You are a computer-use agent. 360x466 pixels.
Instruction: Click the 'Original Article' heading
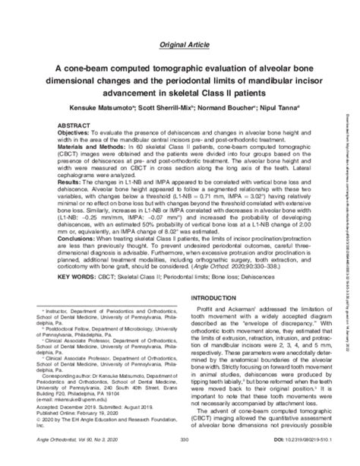180,45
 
